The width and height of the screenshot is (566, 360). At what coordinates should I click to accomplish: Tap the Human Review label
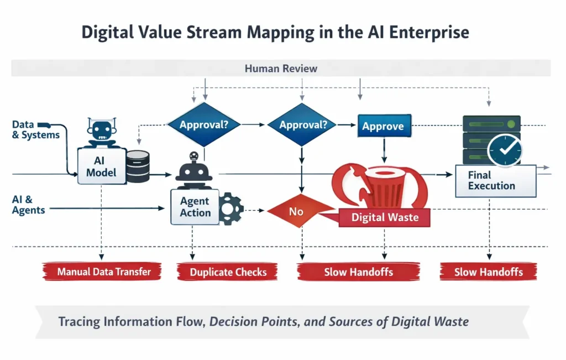(281, 69)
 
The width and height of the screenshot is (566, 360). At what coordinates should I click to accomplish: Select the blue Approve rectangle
(382, 126)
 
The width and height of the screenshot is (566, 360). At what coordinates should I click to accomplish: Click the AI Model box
(101, 165)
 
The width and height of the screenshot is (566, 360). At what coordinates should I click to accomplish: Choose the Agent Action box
(195, 207)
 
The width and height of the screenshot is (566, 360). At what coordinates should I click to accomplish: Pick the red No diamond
(297, 211)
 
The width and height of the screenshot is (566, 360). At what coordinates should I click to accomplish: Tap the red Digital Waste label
(385, 217)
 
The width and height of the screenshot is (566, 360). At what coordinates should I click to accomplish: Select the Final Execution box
(495, 180)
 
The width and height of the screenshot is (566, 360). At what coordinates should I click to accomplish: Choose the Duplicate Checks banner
(228, 272)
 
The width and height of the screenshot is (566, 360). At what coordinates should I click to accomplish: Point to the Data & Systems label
(35, 130)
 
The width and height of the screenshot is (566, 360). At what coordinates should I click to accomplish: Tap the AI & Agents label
(28, 204)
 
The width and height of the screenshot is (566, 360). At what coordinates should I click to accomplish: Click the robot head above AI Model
(102, 131)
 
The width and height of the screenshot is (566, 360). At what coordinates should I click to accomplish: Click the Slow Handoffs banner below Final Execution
(489, 272)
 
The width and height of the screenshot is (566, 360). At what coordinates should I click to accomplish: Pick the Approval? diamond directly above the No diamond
(301, 125)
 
